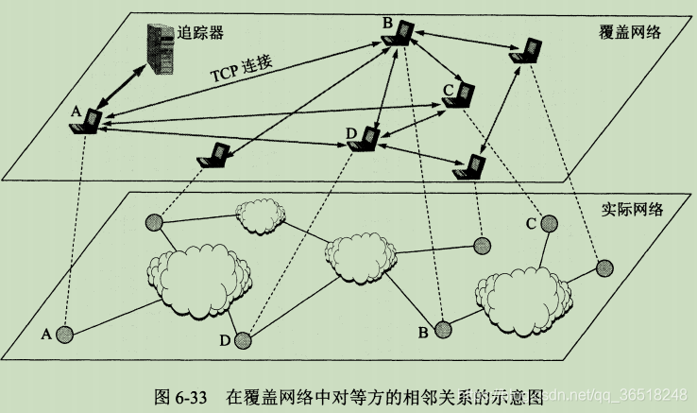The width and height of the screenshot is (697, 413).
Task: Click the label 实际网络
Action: point(631,209)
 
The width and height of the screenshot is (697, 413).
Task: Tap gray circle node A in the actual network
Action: point(64,334)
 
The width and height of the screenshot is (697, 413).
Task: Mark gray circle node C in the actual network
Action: point(549,225)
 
